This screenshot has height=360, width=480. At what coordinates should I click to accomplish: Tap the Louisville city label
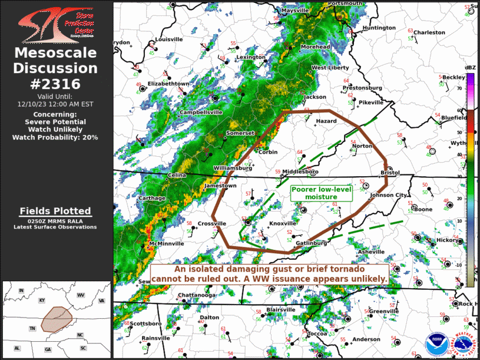[x=169, y=39]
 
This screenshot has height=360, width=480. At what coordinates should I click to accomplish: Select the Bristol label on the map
[x=390, y=173]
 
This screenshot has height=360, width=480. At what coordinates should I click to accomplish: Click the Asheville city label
[x=371, y=252]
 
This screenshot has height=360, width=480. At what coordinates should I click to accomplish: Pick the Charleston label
[x=429, y=32]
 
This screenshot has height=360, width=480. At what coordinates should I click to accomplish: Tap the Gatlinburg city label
[x=312, y=243]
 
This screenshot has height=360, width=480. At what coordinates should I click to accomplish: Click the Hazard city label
[x=326, y=121]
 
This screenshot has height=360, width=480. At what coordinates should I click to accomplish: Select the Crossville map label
[x=212, y=223]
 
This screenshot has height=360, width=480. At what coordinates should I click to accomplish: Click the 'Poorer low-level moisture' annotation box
[x=322, y=193]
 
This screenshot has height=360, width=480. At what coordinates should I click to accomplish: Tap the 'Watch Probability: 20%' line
[x=55, y=137]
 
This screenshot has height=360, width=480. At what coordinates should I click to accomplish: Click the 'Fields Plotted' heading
[x=55, y=211]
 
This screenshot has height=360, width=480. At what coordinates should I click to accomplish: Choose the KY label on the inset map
[x=42, y=300]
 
